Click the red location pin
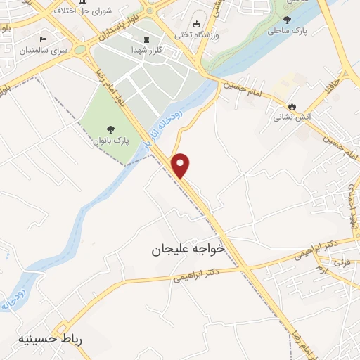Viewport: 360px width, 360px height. (x=181, y=165)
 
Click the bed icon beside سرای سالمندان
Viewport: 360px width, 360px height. (x=44, y=39)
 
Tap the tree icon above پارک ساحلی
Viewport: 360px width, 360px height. (x=286, y=19)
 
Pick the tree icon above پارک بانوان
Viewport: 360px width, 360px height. (x=109, y=129)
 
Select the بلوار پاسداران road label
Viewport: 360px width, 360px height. (x=124, y=28)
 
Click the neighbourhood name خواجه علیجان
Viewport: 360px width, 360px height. (x=188, y=249)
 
